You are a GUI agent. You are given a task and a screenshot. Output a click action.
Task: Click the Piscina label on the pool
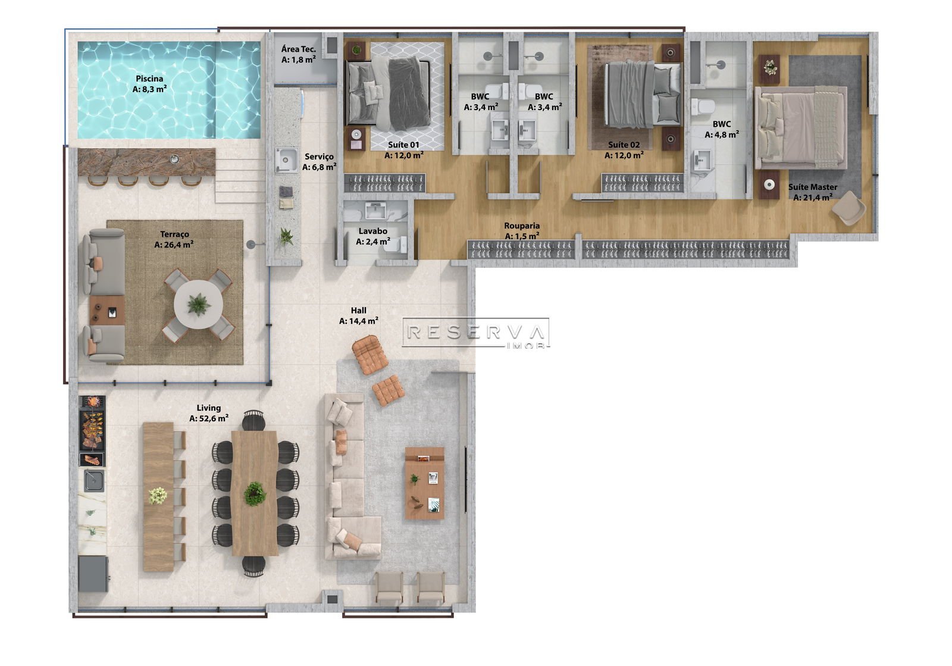[x=149, y=79]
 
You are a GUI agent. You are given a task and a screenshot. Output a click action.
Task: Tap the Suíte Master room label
[x=813, y=187]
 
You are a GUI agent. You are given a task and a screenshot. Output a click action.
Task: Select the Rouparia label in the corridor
[x=522, y=226]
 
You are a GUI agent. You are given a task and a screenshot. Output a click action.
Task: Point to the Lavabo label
[x=372, y=231]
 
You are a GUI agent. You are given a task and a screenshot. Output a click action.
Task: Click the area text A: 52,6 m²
[x=209, y=418]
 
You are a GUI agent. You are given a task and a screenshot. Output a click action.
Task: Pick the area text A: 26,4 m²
[x=174, y=245]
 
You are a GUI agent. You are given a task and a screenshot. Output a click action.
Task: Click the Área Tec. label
[x=298, y=49]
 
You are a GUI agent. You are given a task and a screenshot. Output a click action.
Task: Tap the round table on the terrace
[x=199, y=304]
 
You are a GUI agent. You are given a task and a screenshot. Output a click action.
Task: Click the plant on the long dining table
[x=255, y=494]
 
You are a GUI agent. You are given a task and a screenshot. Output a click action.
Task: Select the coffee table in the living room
[x=425, y=483]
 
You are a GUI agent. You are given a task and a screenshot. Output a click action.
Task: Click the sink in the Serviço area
[x=286, y=160]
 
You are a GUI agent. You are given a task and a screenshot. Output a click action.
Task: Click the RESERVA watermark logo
[x=475, y=333]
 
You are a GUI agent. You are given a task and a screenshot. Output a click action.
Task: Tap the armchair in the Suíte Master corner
[x=848, y=208]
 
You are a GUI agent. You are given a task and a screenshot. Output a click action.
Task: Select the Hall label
[x=358, y=311]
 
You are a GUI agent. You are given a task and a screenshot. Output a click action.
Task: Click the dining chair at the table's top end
[x=253, y=420]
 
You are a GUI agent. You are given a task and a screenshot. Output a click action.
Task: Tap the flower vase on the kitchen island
[x=158, y=496]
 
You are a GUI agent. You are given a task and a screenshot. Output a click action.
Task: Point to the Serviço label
[x=319, y=157]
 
